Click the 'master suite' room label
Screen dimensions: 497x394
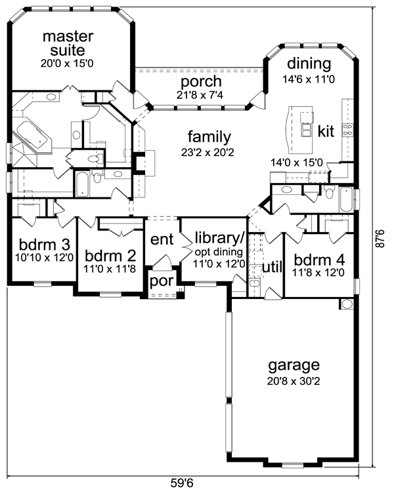(x=68, y=43)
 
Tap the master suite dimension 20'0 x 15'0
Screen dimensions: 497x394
(x=68, y=64)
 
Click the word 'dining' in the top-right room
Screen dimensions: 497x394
(x=308, y=64)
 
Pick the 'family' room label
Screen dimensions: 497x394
(x=209, y=137)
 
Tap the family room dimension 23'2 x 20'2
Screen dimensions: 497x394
(x=209, y=152)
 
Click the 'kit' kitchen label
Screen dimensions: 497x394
(x=326, y=131)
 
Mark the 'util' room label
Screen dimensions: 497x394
(x=272, y=267)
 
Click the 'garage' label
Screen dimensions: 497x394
(x=294, y=365)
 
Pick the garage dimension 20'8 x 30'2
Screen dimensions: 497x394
(x=294, y=380)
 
